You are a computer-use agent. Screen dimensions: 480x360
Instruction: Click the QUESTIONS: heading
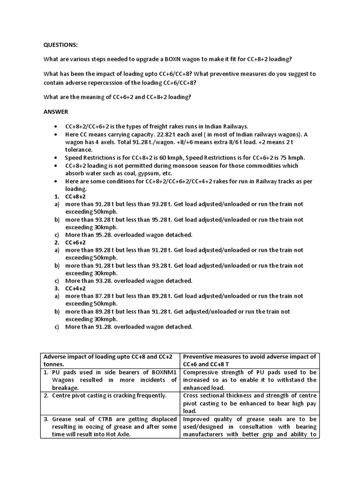pos(61,45)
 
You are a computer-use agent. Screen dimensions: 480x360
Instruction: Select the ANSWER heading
pos(56,112)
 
